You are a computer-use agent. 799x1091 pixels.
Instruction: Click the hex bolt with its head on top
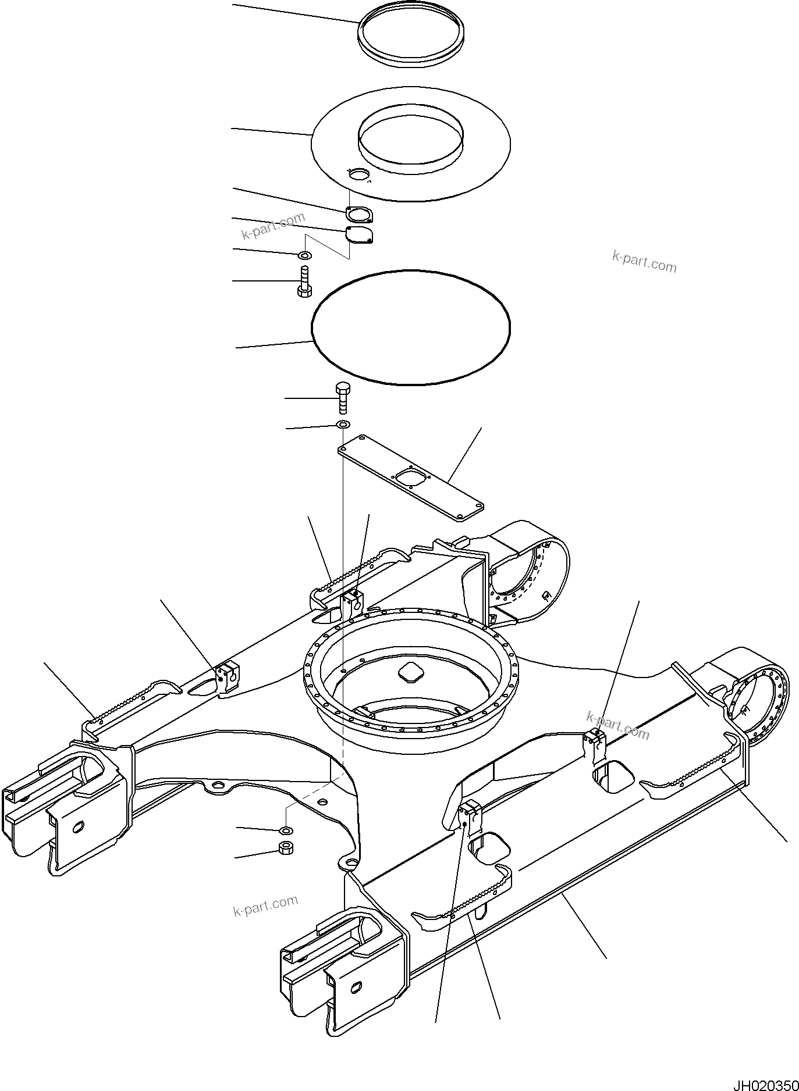(x=343, y=397)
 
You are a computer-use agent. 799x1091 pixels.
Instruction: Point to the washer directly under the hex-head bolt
(x=343, y=425)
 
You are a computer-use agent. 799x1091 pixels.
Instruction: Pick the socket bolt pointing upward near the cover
(x=304, y=282)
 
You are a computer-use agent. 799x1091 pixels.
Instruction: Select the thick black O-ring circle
(x=411, y=327)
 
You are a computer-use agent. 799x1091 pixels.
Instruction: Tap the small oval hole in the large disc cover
(x=358, y=175)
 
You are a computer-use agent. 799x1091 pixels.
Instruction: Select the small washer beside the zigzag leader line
(x=304, y=255)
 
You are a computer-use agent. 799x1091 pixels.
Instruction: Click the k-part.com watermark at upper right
(x=644, y=262)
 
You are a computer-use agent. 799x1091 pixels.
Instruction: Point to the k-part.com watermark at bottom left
(x=265, y=905)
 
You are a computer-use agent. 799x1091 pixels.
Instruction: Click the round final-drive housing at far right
(x=759, y=705)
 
